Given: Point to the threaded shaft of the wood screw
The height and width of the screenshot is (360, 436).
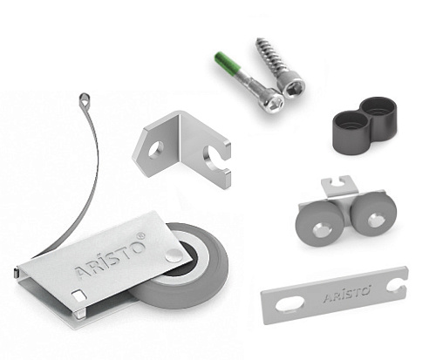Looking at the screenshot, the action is (268, 58).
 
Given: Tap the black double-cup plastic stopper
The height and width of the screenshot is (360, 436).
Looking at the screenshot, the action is (364, 125).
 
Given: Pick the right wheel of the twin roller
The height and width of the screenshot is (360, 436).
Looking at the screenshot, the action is (374, 214).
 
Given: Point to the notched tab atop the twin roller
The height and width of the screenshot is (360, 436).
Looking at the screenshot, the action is (339, 185).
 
